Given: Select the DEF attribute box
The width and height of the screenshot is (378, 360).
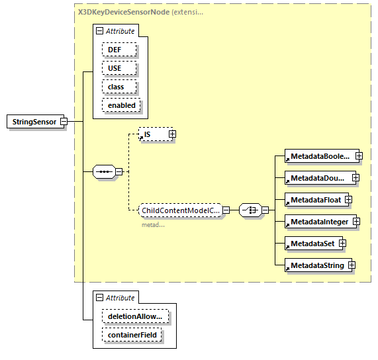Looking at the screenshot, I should (x=118, y=50).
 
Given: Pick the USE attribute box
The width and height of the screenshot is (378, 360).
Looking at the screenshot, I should (x=118, y=68).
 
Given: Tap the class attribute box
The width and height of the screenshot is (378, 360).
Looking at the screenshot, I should (x=118, y=87).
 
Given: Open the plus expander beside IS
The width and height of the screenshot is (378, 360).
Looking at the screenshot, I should (x=173, y=134).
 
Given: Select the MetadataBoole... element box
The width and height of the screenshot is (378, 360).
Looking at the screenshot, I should (x=318, y=157).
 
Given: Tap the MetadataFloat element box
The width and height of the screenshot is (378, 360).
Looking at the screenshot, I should (x=313, y=199).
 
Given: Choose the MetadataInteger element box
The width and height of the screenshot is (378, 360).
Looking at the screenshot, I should (x=317, y=221).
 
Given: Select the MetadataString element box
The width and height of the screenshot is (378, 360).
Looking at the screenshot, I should (x=315, y=265).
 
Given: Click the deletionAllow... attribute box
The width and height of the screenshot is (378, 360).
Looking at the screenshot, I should (x=134, y=317).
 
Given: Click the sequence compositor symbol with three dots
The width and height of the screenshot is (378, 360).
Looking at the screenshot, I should (x=104, y=171).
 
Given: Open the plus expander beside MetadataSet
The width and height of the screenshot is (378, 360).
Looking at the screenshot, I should (x=342, y=244).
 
